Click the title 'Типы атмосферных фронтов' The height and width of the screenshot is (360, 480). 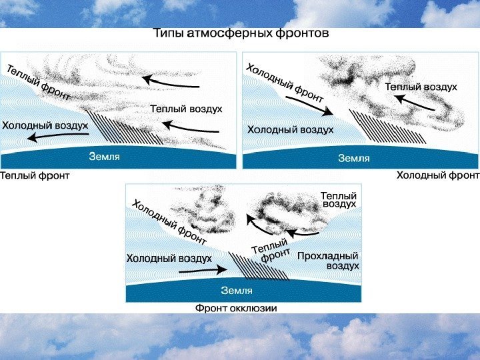point(241,33)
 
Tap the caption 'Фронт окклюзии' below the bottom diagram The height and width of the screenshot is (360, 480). point(235,309)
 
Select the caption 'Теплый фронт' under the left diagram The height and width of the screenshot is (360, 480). point(34,176)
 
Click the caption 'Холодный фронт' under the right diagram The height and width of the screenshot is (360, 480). point(438,175)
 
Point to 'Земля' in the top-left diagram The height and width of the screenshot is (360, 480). point(105,157)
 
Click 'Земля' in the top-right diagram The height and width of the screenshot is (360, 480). point(353,158)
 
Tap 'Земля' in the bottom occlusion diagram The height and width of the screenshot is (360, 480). point(237,290)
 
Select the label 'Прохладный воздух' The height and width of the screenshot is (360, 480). point(328,261)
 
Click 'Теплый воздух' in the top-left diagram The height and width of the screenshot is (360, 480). point(186,109)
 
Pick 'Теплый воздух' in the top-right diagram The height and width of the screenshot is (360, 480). point(421,87)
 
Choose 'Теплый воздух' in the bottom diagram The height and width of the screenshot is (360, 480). point(339,200)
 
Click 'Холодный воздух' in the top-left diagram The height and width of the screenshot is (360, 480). point(45,125)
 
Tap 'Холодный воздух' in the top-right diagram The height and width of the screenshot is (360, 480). point(290,129)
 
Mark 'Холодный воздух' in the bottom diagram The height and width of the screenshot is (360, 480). point(169,258)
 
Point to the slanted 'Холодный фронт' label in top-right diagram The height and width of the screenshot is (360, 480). point(285,82)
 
